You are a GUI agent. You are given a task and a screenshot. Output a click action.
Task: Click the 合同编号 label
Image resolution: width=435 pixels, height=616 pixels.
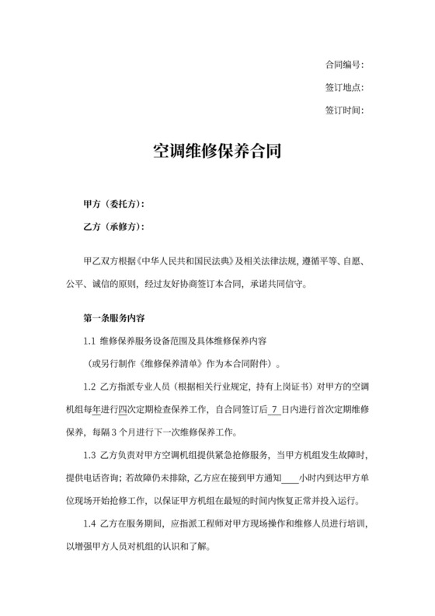tap(343, 65)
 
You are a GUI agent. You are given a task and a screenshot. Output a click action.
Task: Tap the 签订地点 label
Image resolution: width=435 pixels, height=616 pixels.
tap(343, 87)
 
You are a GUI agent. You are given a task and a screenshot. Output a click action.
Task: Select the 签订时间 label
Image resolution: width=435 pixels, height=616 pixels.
tap(343, 110)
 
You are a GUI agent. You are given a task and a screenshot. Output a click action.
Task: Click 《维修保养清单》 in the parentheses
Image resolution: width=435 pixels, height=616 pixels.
tap(184, 363)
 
